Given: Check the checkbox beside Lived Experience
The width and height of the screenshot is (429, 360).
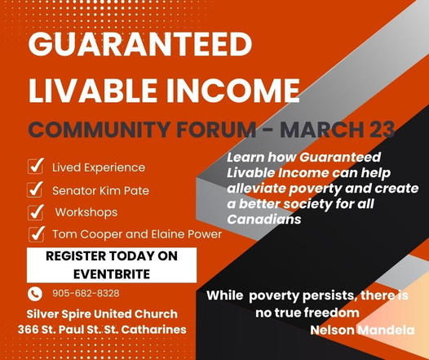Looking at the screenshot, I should pos(35,167).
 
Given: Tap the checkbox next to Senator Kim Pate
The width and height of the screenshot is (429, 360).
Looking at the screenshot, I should pos(35,189).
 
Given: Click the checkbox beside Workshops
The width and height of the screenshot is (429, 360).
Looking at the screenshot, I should pos(35,212).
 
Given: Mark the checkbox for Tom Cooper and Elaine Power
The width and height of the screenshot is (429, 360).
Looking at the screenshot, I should pos(35,234).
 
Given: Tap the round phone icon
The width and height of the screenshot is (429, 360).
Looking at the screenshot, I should pos(34,294).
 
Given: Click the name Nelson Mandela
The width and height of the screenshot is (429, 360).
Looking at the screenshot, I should pos(363,330).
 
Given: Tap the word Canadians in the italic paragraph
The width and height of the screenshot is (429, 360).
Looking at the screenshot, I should pos(254,220).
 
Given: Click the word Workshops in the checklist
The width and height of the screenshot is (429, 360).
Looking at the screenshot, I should pos(82,212).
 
